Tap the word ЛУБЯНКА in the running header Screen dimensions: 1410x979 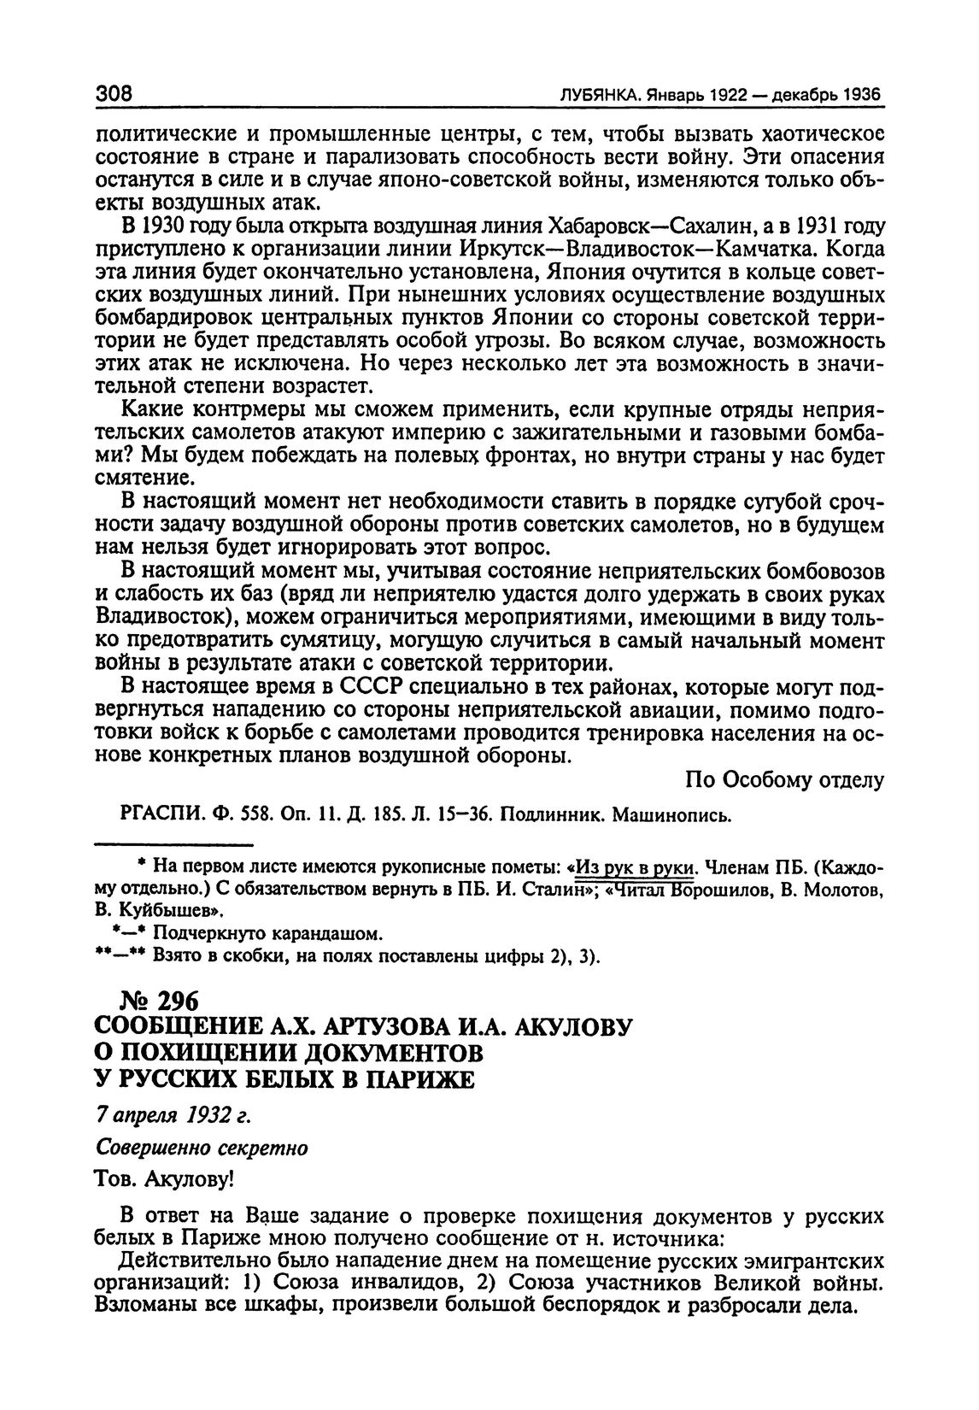[x=597, y=96]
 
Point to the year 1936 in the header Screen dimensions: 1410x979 [x=861, y=96]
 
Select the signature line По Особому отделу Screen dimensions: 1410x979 [x=784, y=779]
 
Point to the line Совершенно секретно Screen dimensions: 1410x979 [x=201, y=1149]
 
